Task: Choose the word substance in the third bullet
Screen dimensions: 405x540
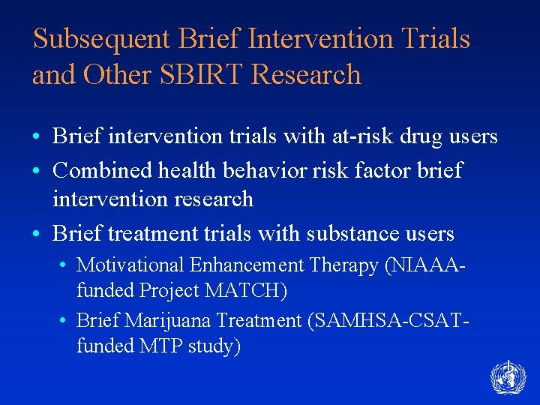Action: [x=350, y=235]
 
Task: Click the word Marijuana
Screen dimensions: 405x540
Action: [x=167, y=322]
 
